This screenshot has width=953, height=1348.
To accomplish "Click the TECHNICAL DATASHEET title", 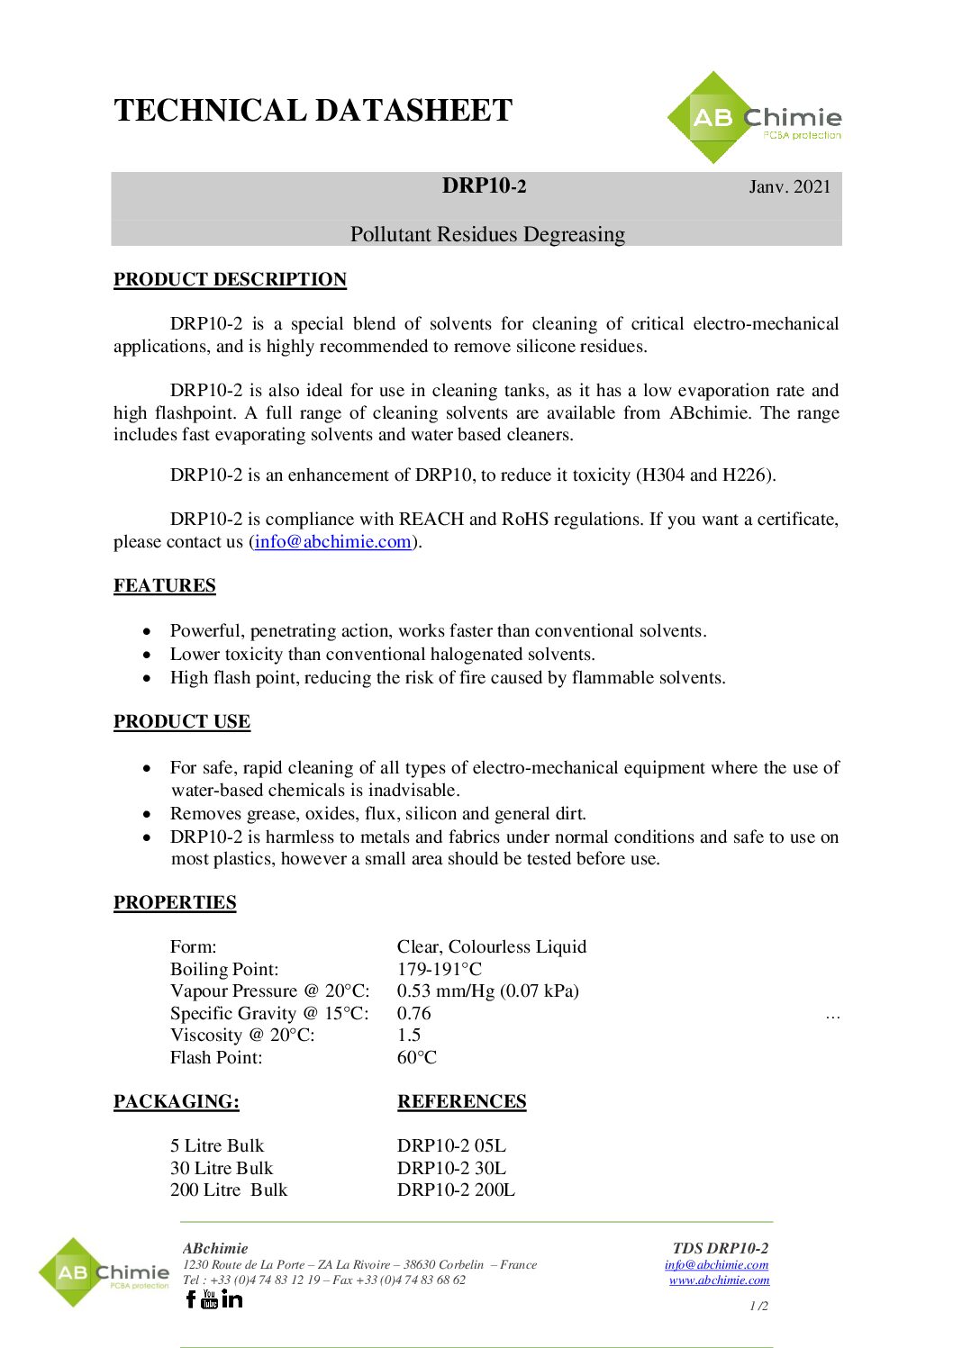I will point(313,111).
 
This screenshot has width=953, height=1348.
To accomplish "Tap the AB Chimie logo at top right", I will point(755,118).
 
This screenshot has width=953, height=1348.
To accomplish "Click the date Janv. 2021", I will point(789,186).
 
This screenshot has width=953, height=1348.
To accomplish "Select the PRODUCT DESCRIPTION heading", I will point(230,279).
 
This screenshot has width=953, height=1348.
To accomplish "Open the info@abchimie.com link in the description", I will point(332,541).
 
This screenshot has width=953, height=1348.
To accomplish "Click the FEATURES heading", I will point(165,585).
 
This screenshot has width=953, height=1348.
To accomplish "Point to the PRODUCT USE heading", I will point(182,721).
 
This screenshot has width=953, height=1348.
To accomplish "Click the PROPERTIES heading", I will point(175,902).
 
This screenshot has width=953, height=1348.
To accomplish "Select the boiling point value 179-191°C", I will point(440,969).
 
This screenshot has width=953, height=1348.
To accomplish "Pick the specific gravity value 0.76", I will point(414,1013).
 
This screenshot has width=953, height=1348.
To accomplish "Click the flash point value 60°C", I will point(417,1057).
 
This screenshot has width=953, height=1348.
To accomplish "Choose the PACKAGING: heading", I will point(177,1101).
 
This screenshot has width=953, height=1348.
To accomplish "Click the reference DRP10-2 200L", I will point(456,1190).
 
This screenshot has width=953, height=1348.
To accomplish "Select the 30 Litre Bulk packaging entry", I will point(222,1168).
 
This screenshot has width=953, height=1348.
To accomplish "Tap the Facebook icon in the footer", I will point(190,1298).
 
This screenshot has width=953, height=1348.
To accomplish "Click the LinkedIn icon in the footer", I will point(231,1298).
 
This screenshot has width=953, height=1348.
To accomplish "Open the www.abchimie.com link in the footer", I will point(719,1280).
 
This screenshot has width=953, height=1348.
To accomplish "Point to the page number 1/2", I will point(758,1306).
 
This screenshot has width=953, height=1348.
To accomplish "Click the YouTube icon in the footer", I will point(210,1298).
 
